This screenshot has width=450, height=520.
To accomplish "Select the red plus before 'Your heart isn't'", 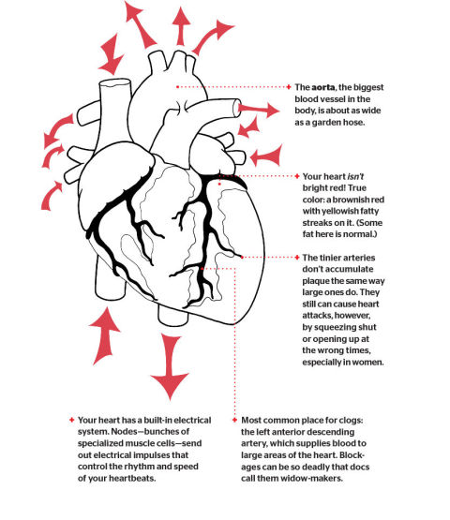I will click(x=296, y=175).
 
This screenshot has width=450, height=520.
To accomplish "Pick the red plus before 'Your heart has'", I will click(x=71, y=420).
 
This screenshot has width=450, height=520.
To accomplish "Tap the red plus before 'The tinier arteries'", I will click(x=296, y=257).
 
